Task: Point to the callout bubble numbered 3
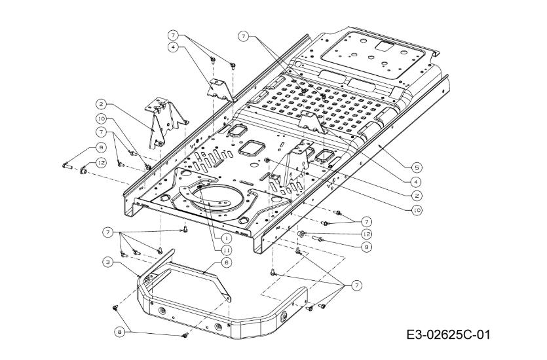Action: (x=106, y=262)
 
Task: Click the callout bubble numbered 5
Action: (x=416, y=167)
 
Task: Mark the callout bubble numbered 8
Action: (x=119, y=332)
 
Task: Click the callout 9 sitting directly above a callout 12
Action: (x=102, y=147)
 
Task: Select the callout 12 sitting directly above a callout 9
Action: (x=367, y=234)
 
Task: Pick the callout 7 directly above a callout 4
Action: (x=173, y=34)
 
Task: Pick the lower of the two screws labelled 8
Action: (x=184, y=336)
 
